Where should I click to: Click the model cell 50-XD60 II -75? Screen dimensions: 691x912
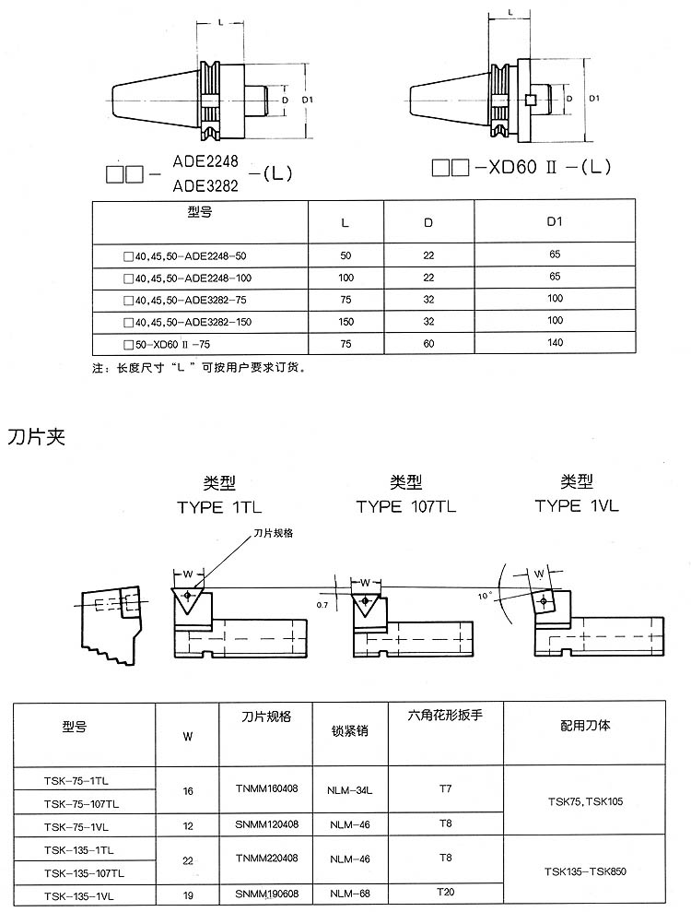168,344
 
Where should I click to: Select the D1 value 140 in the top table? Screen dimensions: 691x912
555,343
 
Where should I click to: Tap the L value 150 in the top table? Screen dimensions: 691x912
345,322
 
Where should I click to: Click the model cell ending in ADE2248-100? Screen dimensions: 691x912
188,278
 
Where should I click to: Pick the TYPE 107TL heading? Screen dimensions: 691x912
406,506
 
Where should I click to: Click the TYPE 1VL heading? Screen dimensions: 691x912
577,505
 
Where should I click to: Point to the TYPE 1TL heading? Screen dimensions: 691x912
219,507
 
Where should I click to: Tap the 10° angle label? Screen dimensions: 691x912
485,597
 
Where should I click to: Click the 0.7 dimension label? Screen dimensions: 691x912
322,605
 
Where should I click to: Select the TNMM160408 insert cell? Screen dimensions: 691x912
267,788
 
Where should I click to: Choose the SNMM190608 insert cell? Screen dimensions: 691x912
267,894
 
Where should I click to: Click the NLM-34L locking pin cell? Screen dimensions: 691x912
350,790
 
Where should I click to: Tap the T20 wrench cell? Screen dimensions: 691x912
446,892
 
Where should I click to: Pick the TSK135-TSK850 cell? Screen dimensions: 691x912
585,871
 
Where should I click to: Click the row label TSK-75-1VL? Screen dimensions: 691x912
76,827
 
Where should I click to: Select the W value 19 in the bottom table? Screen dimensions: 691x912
188,895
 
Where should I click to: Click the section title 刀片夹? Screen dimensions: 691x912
36,437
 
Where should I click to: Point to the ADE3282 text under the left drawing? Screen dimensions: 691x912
205,185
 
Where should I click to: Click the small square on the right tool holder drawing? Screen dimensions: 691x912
530,101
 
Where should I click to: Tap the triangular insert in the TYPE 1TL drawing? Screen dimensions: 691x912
188,599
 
